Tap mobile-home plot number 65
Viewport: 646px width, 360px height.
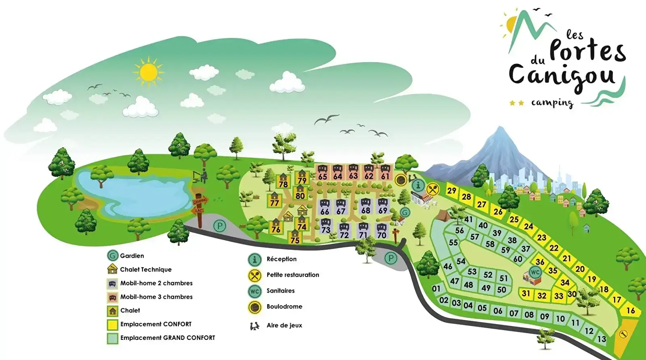coord(322,173)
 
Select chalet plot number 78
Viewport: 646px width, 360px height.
coord(283,181)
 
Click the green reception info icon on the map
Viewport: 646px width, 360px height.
coord(418,186)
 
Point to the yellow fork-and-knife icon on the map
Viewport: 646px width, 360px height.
coord(432,189)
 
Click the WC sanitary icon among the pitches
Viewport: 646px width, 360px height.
coord(535,272)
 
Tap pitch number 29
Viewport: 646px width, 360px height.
coord(452,190)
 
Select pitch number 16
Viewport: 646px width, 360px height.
coord(631,310)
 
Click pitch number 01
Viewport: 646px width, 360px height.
coord(436,289)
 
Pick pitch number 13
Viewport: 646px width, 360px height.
coord(602,339)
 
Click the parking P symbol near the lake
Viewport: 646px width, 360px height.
coord(220,226)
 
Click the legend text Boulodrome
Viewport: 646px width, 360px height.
coord(284,307)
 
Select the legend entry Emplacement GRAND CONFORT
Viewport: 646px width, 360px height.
coord(168,338)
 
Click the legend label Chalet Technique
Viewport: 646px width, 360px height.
coord(146,270)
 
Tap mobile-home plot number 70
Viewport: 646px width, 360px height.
coord(381,231)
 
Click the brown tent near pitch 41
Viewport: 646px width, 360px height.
coord(443,216)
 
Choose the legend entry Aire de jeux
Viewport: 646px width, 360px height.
coord(284,325)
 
